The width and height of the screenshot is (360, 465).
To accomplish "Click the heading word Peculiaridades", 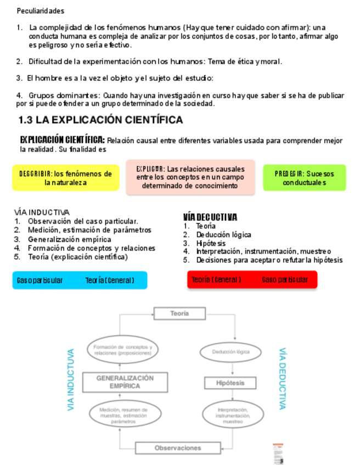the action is coord(40,11).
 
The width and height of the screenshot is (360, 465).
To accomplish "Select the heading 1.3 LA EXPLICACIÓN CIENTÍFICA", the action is coord(100,120).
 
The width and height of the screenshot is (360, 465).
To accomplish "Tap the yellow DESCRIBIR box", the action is coord(65,178).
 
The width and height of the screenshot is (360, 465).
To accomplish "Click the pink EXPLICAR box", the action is coord(190,177).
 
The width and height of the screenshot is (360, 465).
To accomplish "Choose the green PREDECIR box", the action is coord(304,178).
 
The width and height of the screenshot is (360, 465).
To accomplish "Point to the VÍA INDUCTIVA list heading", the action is coord(42,212).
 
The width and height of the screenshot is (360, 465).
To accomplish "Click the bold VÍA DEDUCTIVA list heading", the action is coord(210,217).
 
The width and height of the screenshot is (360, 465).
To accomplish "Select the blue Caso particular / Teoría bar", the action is coord(80,280).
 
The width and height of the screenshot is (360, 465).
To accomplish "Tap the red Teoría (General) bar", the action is coord(252,280).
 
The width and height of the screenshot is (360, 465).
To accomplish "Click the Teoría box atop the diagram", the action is coord(179,314).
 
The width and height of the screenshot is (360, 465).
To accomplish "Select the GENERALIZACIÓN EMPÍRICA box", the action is coord(125,382).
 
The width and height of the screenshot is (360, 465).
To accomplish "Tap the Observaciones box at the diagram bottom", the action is coord(178,448).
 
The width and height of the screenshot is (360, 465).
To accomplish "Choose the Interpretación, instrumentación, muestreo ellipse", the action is coord(233,416).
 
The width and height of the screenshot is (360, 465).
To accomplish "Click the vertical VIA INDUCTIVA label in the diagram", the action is coord(71,380).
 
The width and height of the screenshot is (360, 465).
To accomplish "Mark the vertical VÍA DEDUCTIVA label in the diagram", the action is coord(282,378).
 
